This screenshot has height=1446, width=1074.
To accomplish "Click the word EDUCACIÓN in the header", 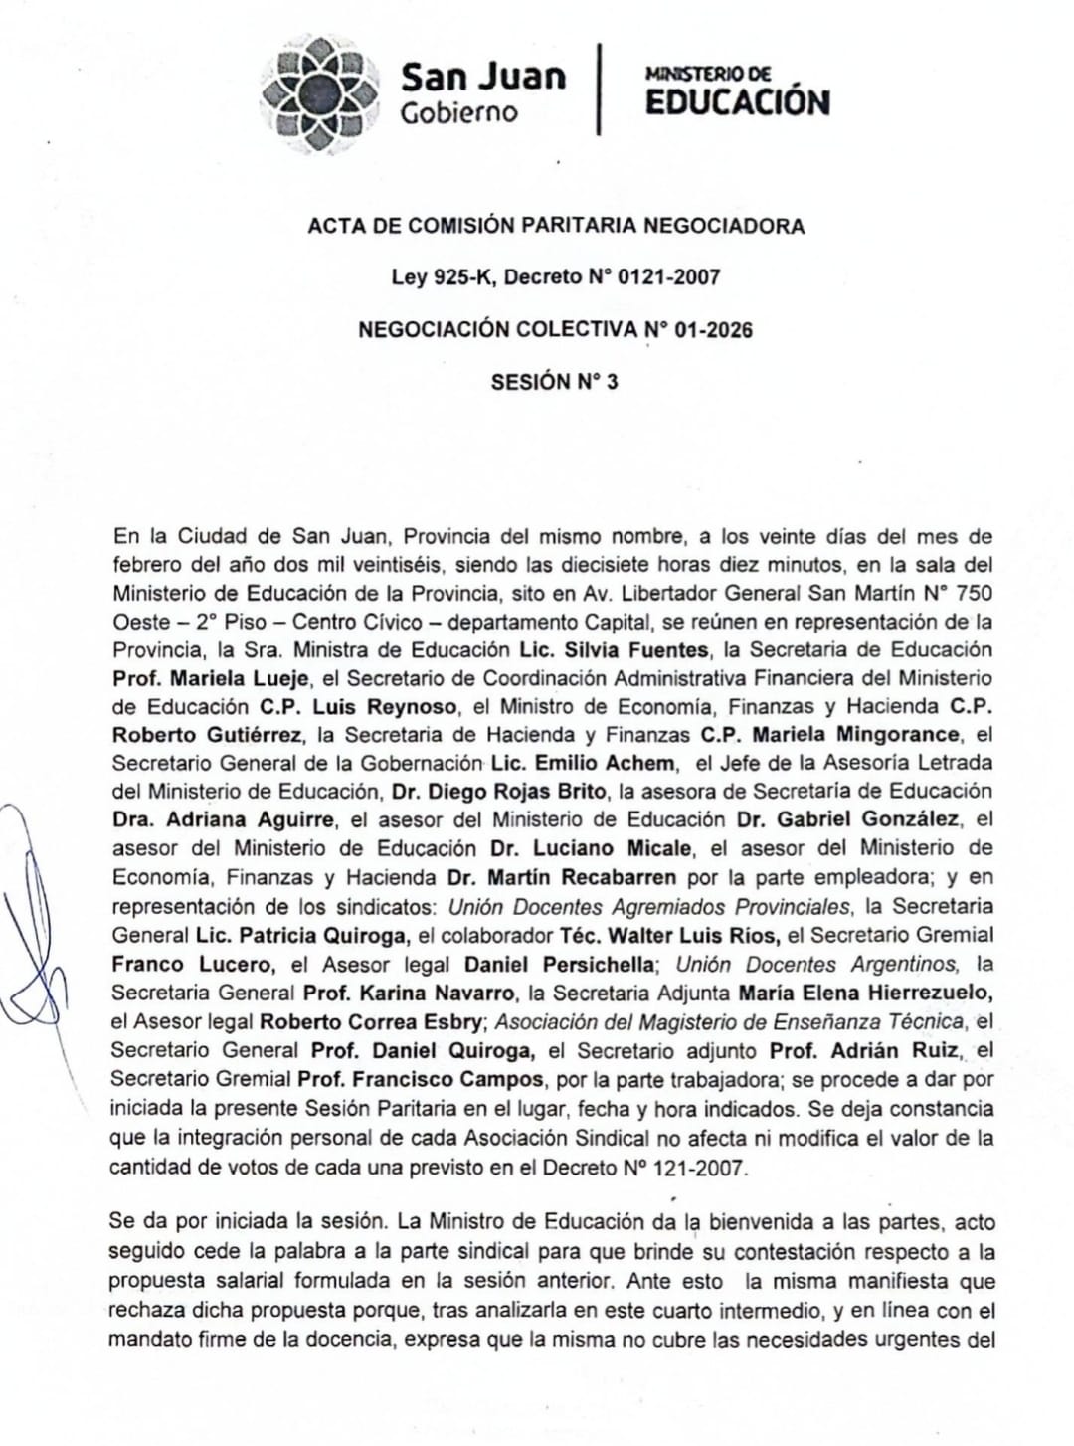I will click(x=737, y=102).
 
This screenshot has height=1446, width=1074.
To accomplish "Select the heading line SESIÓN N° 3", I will click(x=554, y=382).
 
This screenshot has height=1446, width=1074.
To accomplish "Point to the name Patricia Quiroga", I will click(x=323, y=935).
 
